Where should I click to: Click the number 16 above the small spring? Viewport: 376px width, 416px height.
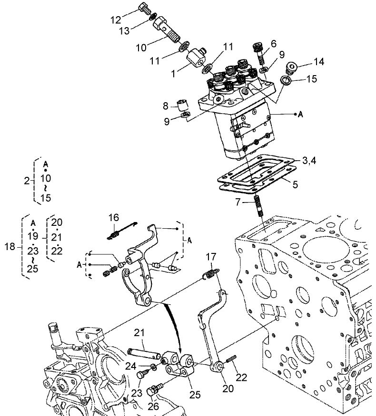113,217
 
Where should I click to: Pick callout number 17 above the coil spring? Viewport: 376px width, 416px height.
211,257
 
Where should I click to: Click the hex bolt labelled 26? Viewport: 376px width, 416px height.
153,391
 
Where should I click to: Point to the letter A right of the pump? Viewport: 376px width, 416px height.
300,115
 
